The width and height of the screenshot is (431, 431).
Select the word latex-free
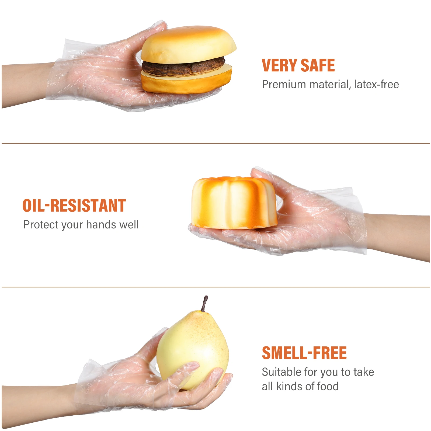coord(376,85)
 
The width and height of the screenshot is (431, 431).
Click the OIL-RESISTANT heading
coord(74,206)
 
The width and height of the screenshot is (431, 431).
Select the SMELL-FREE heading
coord(304,353)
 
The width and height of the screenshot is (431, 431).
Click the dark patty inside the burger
coord(183,67)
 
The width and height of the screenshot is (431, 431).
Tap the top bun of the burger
coord(189,44)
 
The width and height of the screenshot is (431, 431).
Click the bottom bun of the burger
coord(186,82)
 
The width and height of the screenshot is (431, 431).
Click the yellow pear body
coord(193,347)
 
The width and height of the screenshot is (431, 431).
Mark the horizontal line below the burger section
coord(215,143)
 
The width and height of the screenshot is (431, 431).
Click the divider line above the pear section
coord(215,287)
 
